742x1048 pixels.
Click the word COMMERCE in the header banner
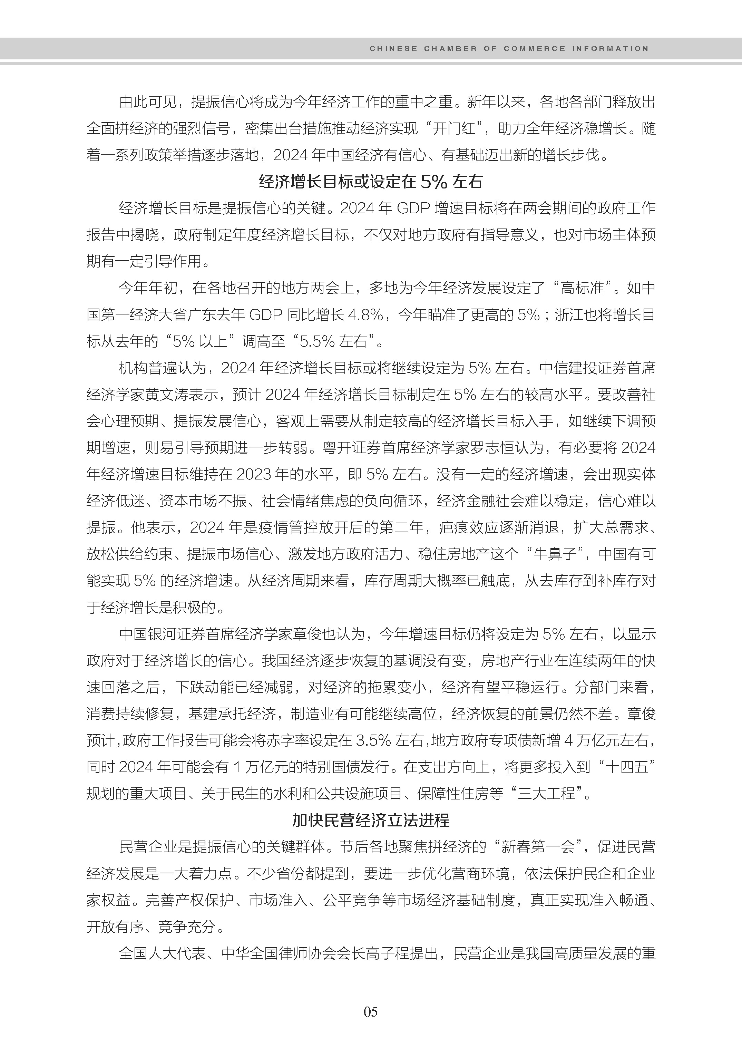click(x=534, y=49)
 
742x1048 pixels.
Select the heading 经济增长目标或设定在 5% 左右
click(x=371, y=182)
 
